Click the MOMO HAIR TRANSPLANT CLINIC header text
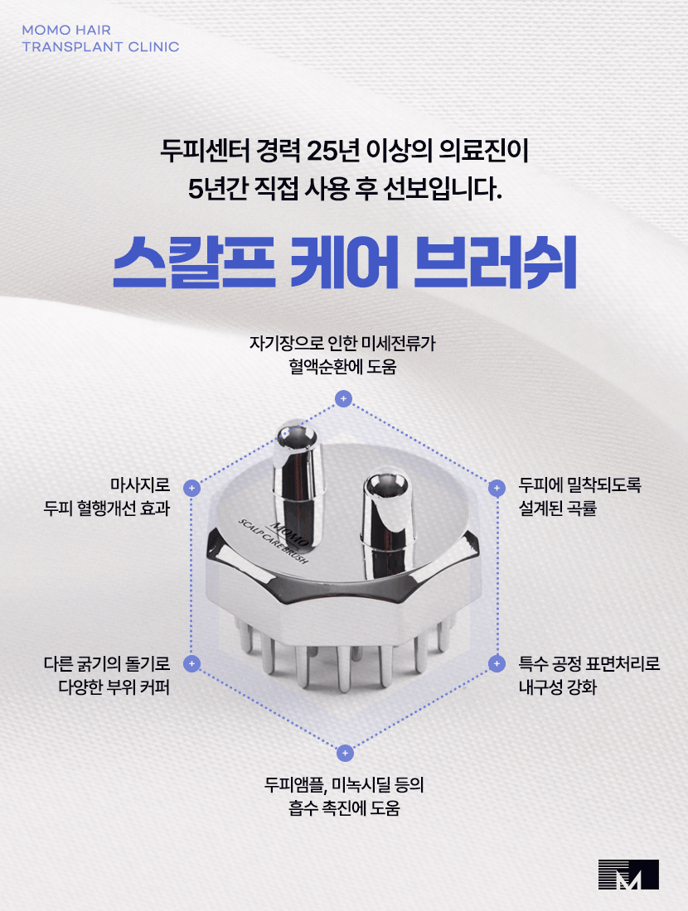coord(100,38)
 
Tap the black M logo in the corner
coord(628,875)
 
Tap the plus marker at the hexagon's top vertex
coord(343,399)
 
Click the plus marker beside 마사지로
coord(191,488)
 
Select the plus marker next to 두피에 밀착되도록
coord(497,488)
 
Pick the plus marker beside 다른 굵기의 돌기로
coord(191,663)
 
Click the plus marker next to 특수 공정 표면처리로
coord(497,663)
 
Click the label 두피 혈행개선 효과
coord(107,508)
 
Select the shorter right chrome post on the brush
coord(382,513)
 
